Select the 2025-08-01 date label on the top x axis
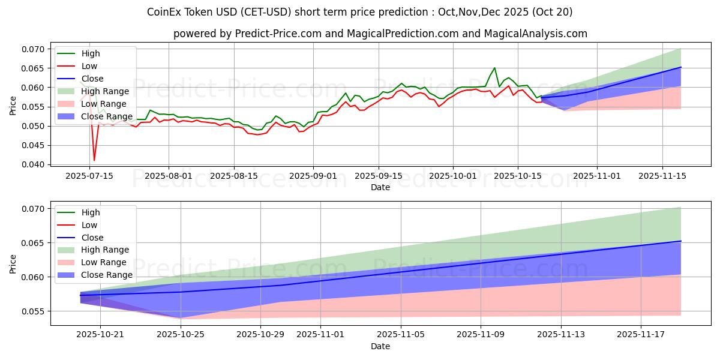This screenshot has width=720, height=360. pyautogui.click(x=169, y=175)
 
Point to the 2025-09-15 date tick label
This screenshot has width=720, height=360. pyautogui.click(x=378, y=175)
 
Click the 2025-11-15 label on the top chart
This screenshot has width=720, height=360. pyautogui.click(x=662, y=175)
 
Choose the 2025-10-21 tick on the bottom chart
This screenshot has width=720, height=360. pyautogui.click(x=100, y=334)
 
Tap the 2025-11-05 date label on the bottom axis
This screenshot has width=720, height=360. pyautogui.click(x=401, y=334)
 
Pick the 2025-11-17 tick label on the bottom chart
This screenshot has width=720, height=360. pyautogui.click(x=641, y=334)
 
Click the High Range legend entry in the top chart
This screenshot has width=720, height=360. pyautogui.click(x=105, y=91)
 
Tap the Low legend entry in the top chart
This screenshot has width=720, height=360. pyautogui.click(x=89, y=66)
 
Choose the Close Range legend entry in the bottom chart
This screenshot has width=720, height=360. pyautogui.click(x=107, y=275)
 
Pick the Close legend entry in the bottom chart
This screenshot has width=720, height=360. pyautogui.click(x=92, y=238)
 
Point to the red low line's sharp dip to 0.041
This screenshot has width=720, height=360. pyautogui.click(x=94, y=160)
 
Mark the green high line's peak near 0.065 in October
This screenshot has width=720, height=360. pyautogui.click(x=494, y=68)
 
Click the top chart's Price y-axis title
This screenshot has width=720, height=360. pyautogui.click(x=13, y=106)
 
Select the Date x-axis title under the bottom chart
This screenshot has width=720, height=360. pyautogui.click(x=380, y=346)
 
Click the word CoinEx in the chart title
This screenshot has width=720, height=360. pyautogui.click(x=163, y=12)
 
